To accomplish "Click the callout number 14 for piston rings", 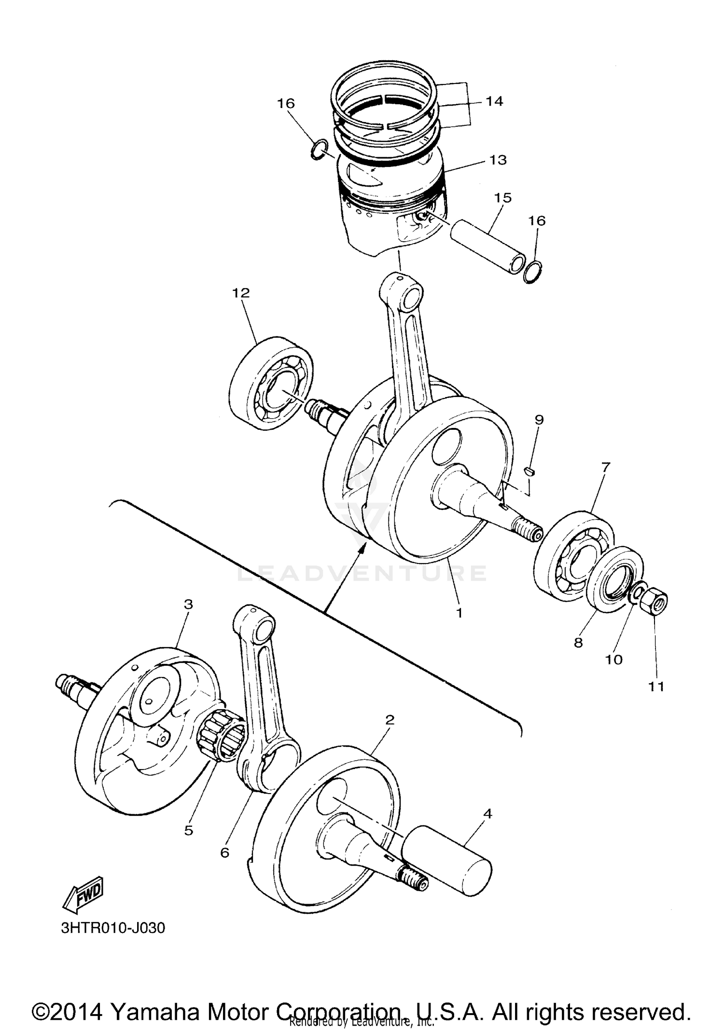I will [494, 101].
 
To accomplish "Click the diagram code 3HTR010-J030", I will [113, 928].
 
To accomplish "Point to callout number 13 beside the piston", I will [498, 160].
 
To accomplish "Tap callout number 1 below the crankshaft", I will [459, 612].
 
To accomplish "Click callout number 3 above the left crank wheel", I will [188, 604].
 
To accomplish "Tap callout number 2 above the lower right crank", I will [390, 720].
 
